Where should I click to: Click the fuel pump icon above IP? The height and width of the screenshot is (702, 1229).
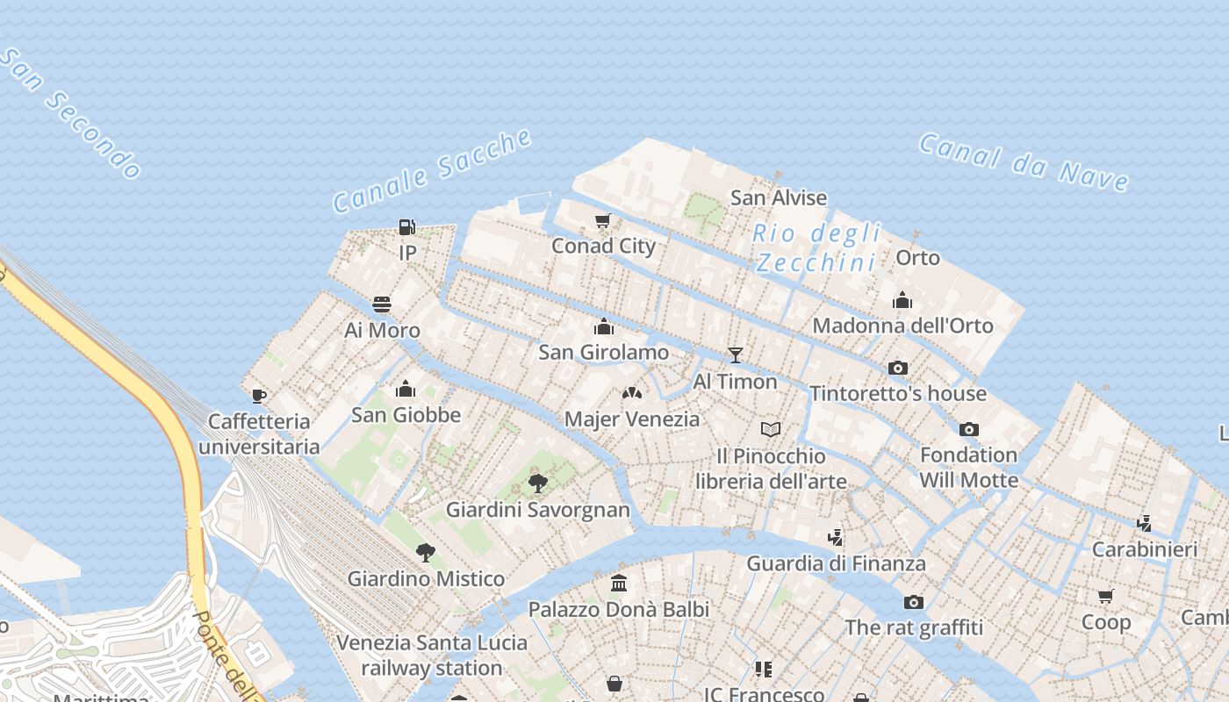[x=406, y=227]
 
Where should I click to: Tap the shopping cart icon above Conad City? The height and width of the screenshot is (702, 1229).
[x=603, y=220]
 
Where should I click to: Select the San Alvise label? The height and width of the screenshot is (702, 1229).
[x=779, y=198]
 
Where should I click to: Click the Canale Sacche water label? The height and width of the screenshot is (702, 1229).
[x=433, y=170]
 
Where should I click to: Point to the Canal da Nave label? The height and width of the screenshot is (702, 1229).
[x=1024, y=162]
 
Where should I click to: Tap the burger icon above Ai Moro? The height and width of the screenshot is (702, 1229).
[x=382, y=304]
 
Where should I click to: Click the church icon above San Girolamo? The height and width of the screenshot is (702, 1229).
[x=604, y=326]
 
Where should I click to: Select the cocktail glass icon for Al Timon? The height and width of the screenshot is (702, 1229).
[x=736, y=355]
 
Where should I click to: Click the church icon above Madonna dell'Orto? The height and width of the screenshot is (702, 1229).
[x=902, y=300]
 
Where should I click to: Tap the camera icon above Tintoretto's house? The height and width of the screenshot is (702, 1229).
[x=897, y=368]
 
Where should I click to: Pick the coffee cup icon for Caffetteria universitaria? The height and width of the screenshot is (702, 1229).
[x=259, y=396]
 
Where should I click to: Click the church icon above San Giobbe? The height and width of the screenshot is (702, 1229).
[x=406, y=389]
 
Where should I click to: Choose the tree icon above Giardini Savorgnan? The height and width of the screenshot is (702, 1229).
[x=538, y=484]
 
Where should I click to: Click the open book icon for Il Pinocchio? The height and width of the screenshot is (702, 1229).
[x=771, y=430]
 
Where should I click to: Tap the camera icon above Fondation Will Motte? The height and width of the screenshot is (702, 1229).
[x=969, y=429]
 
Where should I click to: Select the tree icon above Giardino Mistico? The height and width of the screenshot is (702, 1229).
[x=426, y=553]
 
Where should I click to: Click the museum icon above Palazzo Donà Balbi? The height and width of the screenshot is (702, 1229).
[x=619, y=583]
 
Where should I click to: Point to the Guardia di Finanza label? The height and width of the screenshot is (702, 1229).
[x=836, y=563]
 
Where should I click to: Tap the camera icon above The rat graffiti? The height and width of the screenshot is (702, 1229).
[x=914, y=602]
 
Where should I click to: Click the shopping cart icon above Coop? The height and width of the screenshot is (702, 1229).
[x=1106, y=597]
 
